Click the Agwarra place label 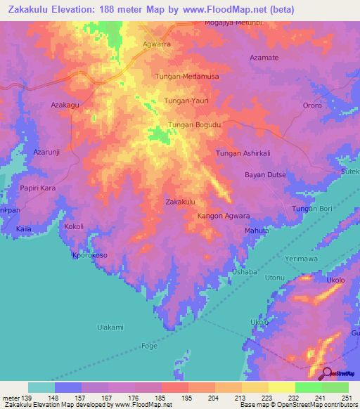(x=157, y=43)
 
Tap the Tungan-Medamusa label (x=182, y=75)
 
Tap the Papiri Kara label (x=37, y=188)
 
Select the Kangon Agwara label (x=224, y=216)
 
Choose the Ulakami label (x=110, y=327)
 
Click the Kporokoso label (x=89, y=256)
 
